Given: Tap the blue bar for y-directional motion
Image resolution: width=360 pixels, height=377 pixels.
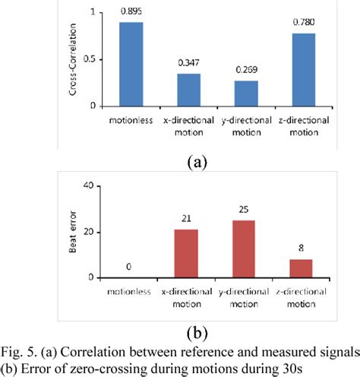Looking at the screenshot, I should click(x=245, y=93).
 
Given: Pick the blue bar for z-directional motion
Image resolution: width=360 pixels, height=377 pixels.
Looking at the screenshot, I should click(x=302, y=69).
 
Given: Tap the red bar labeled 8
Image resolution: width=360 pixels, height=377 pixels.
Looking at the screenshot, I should click(x=300, y=269).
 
